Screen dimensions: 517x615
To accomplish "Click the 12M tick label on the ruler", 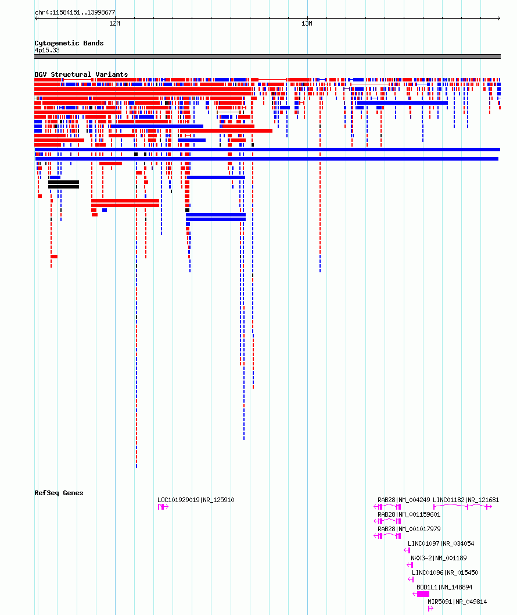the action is [x=115, y=23].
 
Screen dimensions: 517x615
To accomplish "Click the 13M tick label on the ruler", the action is [x=307, y=23].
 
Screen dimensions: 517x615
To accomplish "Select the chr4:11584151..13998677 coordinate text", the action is [x=75, y=13].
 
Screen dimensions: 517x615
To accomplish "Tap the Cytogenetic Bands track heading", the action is [x=69, y=43].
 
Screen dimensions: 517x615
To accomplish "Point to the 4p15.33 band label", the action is [x=47, y=50].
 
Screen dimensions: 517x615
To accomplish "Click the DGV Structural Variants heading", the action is [x=81, y=74].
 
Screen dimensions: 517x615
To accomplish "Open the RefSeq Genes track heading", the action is [x=59, y=493].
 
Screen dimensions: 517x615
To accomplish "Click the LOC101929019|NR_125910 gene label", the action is [x=196, y=500].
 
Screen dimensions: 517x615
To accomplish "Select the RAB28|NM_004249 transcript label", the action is [x=403, y=500].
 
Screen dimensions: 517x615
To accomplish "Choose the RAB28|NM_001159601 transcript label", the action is [x=409, y=514].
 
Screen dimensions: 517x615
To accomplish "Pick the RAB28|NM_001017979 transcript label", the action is [x=409, y=529].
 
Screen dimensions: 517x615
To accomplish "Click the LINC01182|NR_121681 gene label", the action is [x=466, y=500].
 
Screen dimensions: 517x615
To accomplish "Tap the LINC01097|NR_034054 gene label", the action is [x=441, y=543].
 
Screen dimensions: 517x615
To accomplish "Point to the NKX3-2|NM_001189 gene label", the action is [x=439, y=558].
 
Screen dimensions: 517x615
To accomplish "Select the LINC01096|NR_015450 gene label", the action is [x=445, y=573].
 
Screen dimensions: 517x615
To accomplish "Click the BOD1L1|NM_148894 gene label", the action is [x=444, y=587].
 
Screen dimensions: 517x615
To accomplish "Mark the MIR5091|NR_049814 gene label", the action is [x=457, y=602].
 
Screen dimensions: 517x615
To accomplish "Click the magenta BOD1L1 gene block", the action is [x=423, y=594].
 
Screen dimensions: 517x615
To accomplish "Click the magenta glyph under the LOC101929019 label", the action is [x=163, y=507].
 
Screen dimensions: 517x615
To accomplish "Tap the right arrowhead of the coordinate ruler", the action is [x=499, y=18].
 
